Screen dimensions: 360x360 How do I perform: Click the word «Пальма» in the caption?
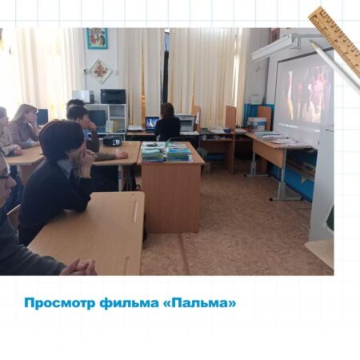tap(199, 303)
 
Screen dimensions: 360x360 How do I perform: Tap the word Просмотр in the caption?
tap(60, 304)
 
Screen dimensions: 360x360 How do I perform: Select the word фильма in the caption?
tap(129, 304)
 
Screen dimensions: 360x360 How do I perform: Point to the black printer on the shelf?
tap(113, 96)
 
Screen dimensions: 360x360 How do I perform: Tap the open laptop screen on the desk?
tap(152, 123)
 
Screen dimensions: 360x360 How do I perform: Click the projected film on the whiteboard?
tap(304, 94)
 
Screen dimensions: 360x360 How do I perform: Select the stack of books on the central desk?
tap(166, 152)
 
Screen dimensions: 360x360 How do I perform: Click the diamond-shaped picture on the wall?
tap(101, 71)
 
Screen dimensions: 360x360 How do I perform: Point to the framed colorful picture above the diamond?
tap(97, 38)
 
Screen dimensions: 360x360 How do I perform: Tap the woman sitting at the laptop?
tap(168, 122)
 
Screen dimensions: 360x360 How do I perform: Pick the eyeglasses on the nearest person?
tap(6, 174)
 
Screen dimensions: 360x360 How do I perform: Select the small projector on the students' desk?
tap(112, 141)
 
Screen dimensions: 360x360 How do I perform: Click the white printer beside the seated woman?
tap(186, 122)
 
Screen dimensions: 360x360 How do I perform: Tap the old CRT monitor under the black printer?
tap(98, 118)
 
